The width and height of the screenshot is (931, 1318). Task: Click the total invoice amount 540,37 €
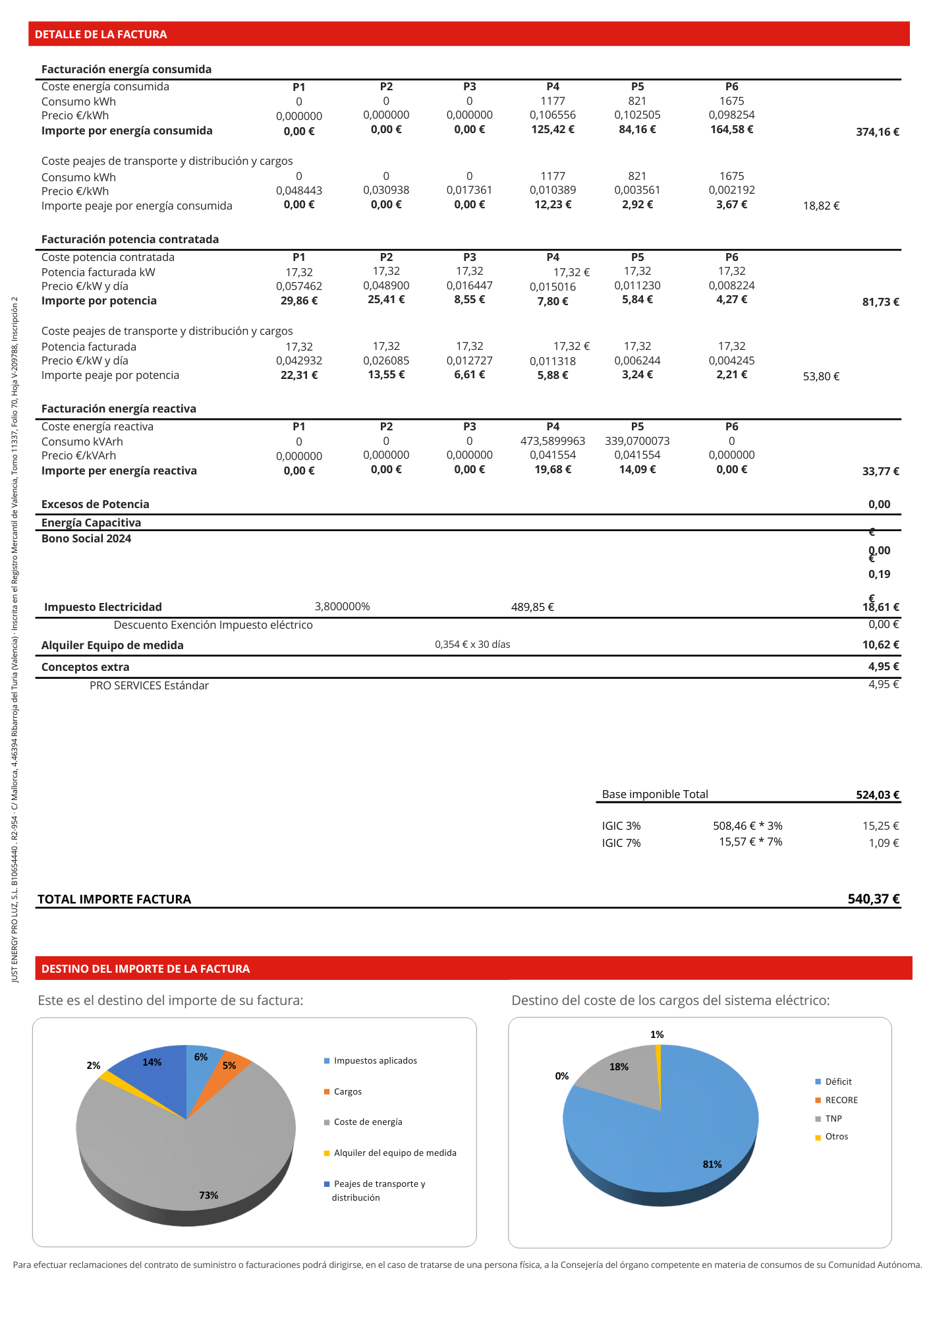(x=874, y=899)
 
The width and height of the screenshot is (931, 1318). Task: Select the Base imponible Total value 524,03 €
(x=878, y=795)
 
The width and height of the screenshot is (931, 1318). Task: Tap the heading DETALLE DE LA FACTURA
(x=101, y=34)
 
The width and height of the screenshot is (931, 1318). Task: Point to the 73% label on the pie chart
(x=209, y=1195)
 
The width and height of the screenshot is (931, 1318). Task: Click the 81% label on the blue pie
(x=712, y=1164)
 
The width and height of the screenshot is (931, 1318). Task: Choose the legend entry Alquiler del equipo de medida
(x=395, y=1153)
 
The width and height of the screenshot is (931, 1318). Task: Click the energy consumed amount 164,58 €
(x=731, y=129)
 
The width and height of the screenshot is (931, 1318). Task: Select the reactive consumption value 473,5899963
(x=553, y=441)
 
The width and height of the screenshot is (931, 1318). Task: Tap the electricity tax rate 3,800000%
(x=343, y=606)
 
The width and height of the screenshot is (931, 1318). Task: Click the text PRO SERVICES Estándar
(x=149, y=685)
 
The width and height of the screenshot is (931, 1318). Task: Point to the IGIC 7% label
(x=621, y=843)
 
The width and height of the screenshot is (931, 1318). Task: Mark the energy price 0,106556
(x=553, y=115)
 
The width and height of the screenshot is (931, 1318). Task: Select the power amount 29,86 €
(x=299, y=301)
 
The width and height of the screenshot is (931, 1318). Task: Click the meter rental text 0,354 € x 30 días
(x=472, y=645)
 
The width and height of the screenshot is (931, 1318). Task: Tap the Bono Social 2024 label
(x=86, y=538)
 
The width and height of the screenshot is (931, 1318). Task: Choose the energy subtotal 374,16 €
(x=878, y=132)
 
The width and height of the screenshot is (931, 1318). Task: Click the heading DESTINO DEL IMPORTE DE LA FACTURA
(x=146, y=969)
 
